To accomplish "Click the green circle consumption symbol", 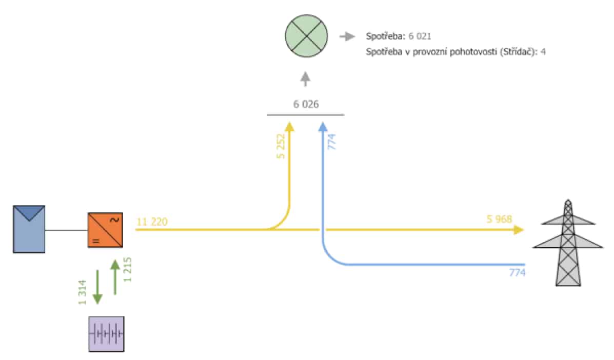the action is (306, 36).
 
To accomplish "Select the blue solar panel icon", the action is (29, 229).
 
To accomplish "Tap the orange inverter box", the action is (105, 230).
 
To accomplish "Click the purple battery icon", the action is (107, 334).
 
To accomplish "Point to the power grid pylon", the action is (568, 243).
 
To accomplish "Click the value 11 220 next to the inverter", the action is (152, 222).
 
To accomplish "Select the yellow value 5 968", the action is (499, 219).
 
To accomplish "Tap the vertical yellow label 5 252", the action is (281, 146).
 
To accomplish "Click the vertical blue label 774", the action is (332, 142).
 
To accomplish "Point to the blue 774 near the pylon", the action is (517, 272).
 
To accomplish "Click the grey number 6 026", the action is (306, 104).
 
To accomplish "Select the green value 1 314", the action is (82, 292).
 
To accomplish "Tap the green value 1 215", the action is (128, 270).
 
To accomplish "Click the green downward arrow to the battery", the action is (97, 287).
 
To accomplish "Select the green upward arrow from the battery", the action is (115, 277).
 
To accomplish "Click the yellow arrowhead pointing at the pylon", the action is (519, 230).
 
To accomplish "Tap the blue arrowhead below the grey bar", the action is (323, 126).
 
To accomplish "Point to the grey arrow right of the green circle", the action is (347, 36).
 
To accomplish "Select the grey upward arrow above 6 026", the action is (305, 79).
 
